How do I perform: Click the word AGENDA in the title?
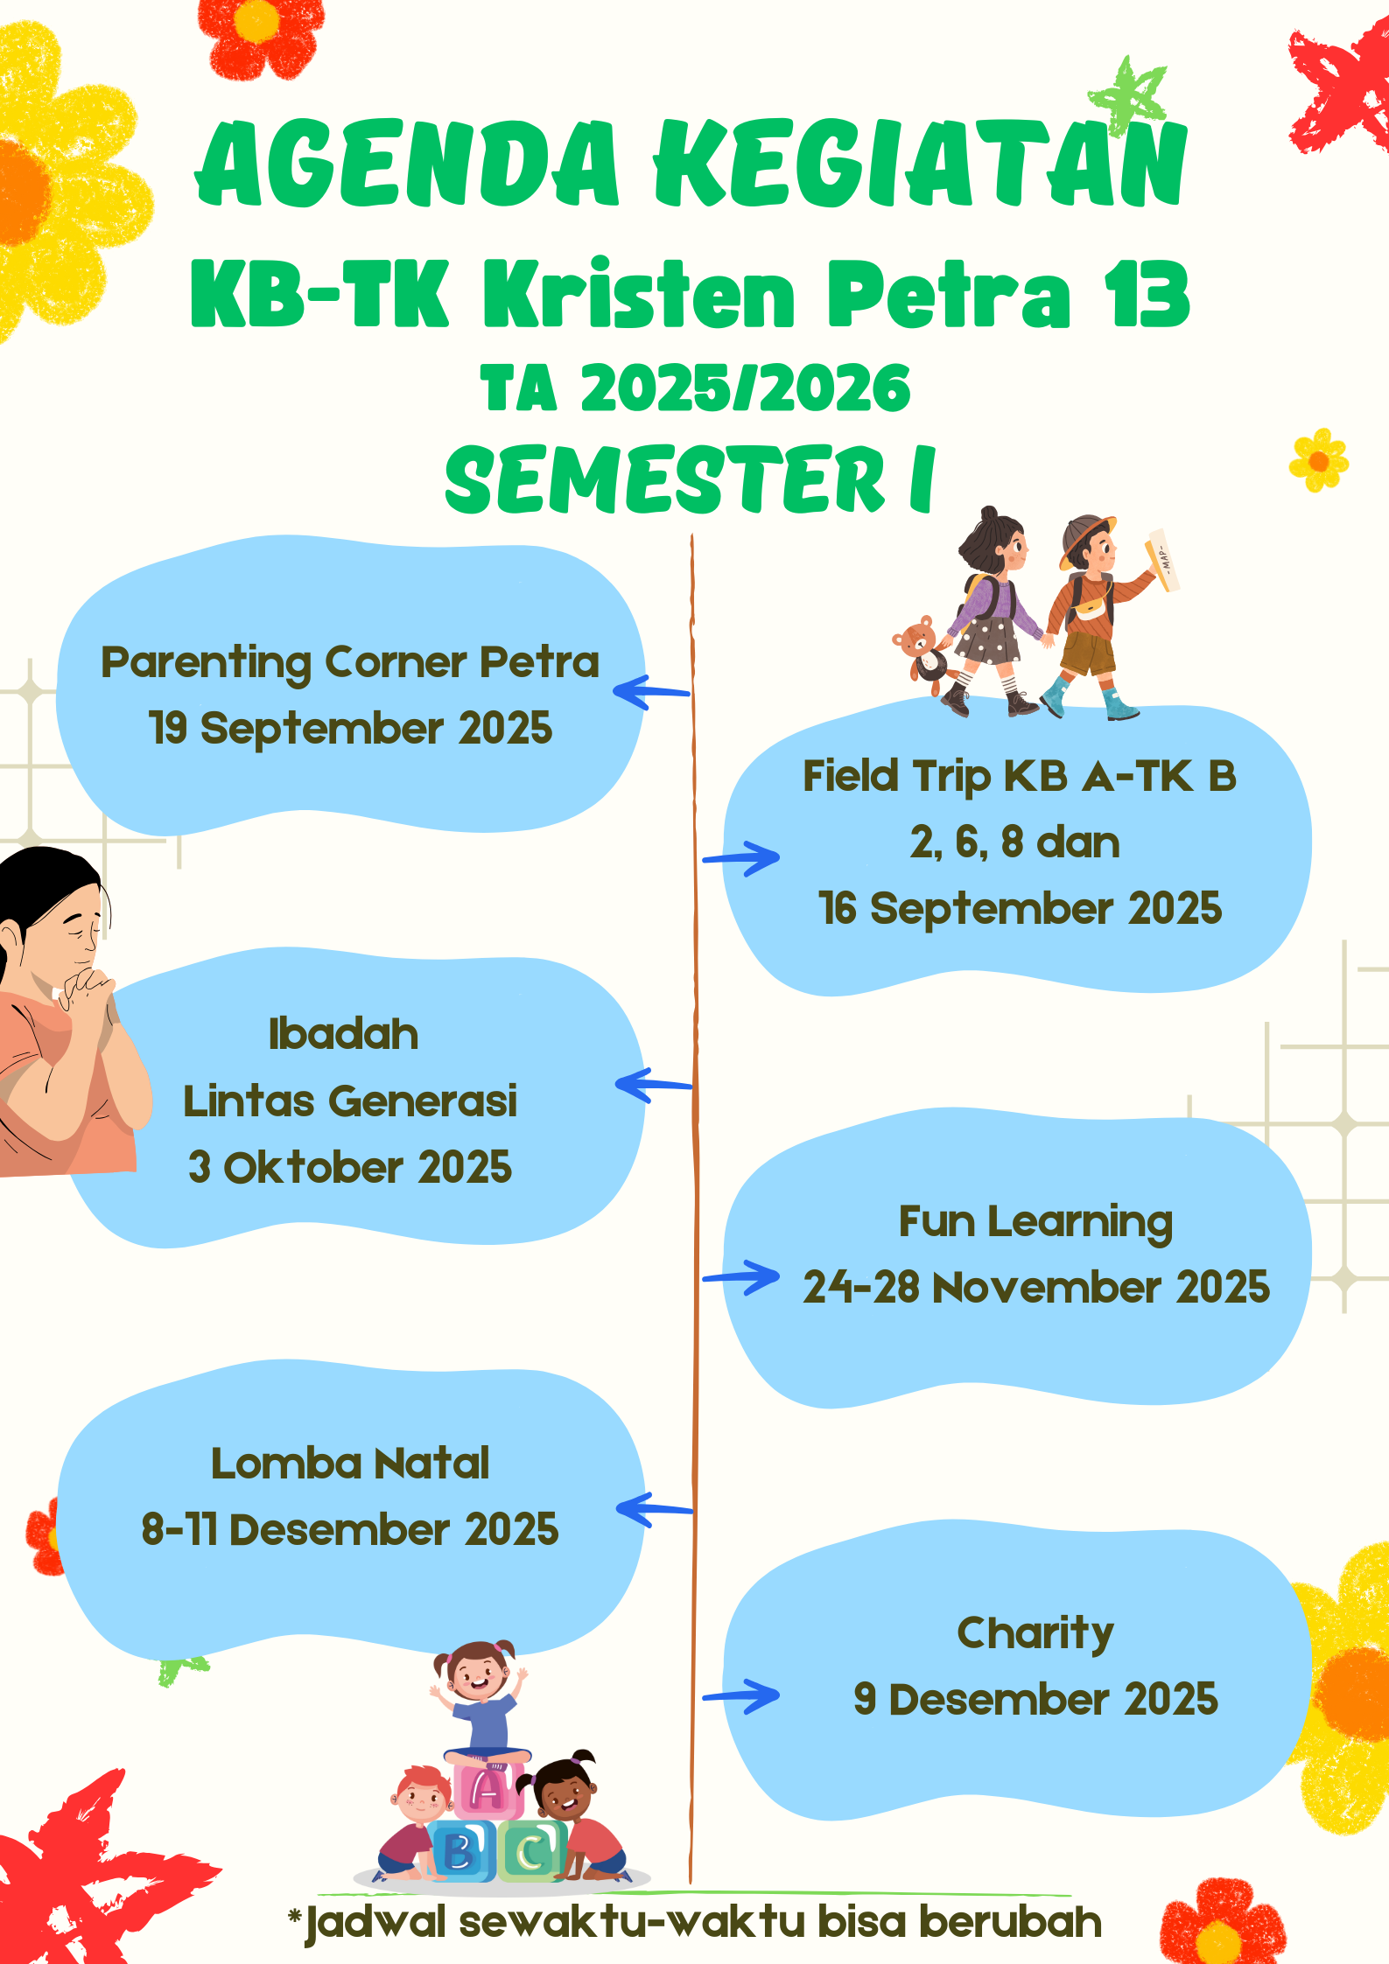coord(407,164)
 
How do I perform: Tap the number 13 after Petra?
coord(1147,295)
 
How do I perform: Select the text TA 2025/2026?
coord(696,388)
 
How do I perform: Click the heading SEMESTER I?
coord(691,479)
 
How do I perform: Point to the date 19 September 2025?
coord(351,728)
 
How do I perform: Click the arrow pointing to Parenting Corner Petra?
coord(651,692)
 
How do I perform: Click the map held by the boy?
coord(1163,559)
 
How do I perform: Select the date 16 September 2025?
coord(1021,908)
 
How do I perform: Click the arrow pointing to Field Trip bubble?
coord(740,858)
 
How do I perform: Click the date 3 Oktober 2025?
coord(350,1167)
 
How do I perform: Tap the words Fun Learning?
coord(1036,1222)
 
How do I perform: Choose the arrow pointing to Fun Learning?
coord(740,1278)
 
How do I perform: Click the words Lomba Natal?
coord(350,1464)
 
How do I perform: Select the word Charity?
coord(1035,1633)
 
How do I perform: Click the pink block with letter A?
coord(488,1787)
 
